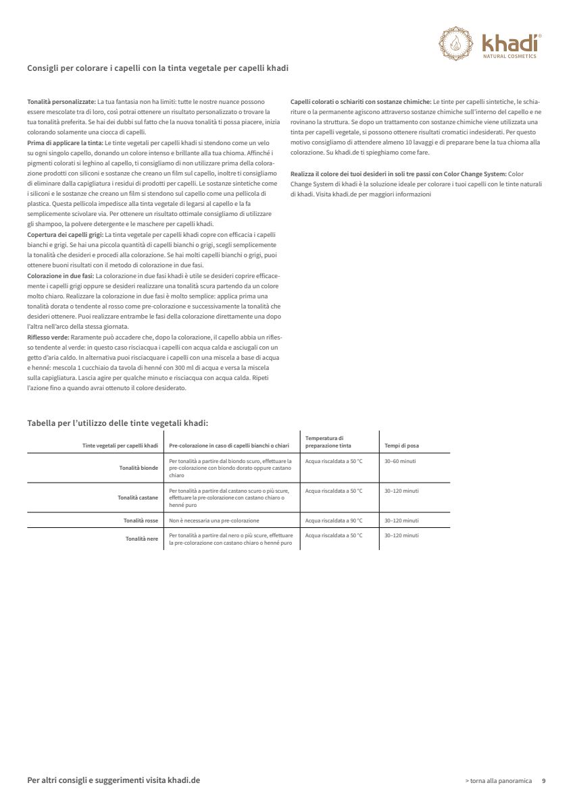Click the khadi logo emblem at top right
455,43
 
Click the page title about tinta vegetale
159,68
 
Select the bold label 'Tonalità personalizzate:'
61,101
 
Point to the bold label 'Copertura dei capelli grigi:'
66,234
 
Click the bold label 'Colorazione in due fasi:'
61,276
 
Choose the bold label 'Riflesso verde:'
48,336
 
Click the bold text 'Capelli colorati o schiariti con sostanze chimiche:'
360,101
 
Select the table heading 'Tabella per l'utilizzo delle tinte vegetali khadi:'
118,423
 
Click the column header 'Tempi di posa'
401,446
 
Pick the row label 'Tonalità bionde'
139,467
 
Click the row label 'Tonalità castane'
138,497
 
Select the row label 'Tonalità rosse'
141,520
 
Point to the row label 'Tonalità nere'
142,539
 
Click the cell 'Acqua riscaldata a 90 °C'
334,520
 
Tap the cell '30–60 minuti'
400,460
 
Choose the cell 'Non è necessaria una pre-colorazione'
214,520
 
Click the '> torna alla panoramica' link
499,780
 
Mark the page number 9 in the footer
544,780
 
